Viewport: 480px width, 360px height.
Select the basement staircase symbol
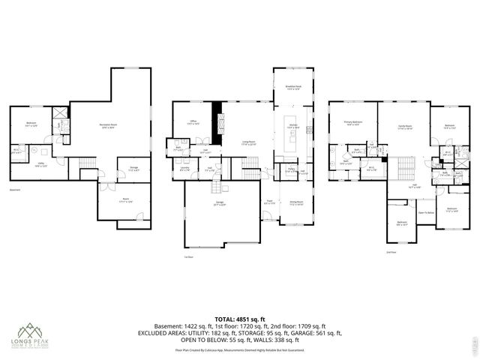(88, 163)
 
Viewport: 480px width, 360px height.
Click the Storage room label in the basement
(133, 169)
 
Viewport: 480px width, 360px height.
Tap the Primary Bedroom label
(353, 123)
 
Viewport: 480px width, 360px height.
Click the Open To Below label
(423, 212)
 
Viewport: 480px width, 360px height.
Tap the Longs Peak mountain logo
(30, 330)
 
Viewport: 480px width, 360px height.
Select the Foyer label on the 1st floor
(268, 201)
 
